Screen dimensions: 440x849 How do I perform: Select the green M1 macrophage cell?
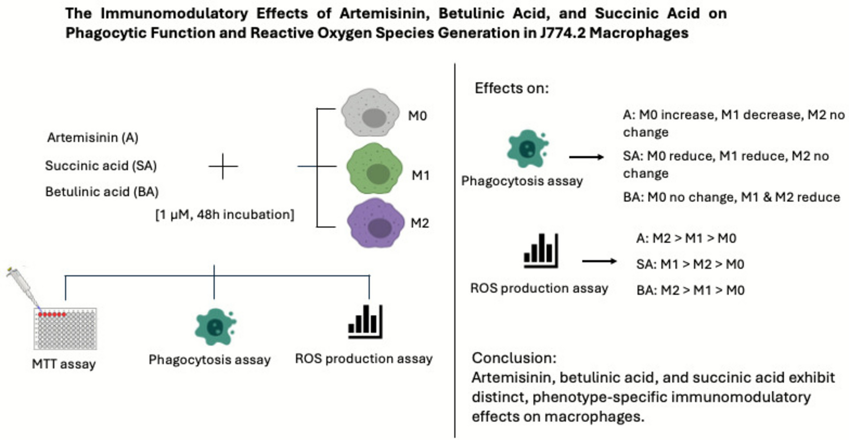[x=374, y=169]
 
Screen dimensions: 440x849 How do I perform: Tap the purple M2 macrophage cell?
[x=375, y=223]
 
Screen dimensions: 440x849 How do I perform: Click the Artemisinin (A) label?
[x=92, y=137]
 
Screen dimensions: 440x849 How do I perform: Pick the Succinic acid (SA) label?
[x=101, y=166]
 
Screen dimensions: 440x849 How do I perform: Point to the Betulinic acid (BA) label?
[x=102, y=192]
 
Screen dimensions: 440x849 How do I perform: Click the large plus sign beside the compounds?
[x=223, y=166]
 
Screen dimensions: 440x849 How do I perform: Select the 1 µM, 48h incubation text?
[x=225, y=215]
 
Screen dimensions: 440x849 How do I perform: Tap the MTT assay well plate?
[x=66, y=329]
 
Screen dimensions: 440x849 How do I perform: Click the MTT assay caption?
[x=64, y=364]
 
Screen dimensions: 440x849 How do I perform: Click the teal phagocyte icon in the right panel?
[x=527, y=149]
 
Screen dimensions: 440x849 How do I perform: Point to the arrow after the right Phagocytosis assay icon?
[x=586, y=157]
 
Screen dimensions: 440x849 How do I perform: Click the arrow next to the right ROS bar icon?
[x=599, y=261]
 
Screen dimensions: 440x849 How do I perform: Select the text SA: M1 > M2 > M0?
[x=690, y=264]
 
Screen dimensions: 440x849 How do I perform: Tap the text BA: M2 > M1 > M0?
[x=690, y=290]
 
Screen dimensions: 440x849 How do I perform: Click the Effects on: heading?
[x=511, y=89]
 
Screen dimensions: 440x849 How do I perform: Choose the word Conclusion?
[x=514, y=358]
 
